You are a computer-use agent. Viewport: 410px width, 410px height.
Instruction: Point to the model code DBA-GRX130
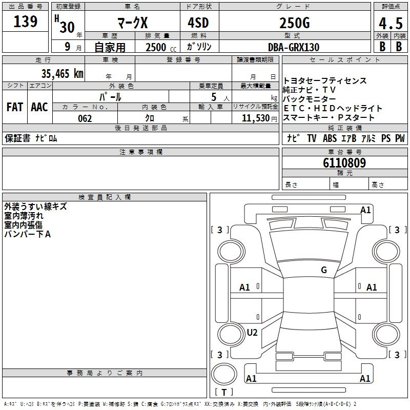294,47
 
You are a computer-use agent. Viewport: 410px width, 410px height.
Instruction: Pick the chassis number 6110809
344,163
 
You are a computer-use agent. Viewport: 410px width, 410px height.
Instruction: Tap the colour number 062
85,118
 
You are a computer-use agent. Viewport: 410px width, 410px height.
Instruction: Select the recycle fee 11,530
256,118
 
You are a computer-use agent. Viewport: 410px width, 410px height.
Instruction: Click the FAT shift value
14,107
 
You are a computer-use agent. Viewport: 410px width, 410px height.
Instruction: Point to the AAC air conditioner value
39,107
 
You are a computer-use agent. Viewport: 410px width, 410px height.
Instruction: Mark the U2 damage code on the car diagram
252,333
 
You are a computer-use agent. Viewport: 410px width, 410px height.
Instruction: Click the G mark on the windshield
324,270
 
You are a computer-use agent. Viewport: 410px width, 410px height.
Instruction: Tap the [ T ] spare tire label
223,392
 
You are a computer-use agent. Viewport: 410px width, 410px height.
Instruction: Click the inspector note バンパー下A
28,234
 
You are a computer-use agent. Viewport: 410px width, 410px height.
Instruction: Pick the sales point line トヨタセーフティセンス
325,81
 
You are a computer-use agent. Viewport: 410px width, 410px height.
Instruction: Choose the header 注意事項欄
140,152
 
